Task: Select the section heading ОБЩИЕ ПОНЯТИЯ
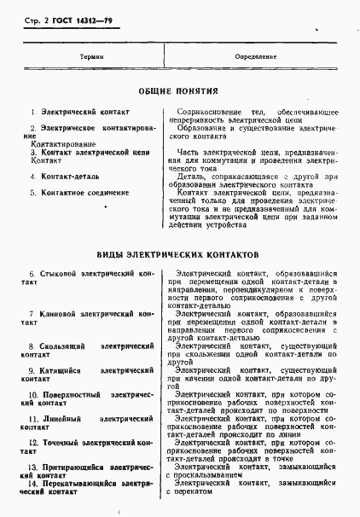point(179,90)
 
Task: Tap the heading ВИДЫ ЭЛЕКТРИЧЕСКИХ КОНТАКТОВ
point(179,255)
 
